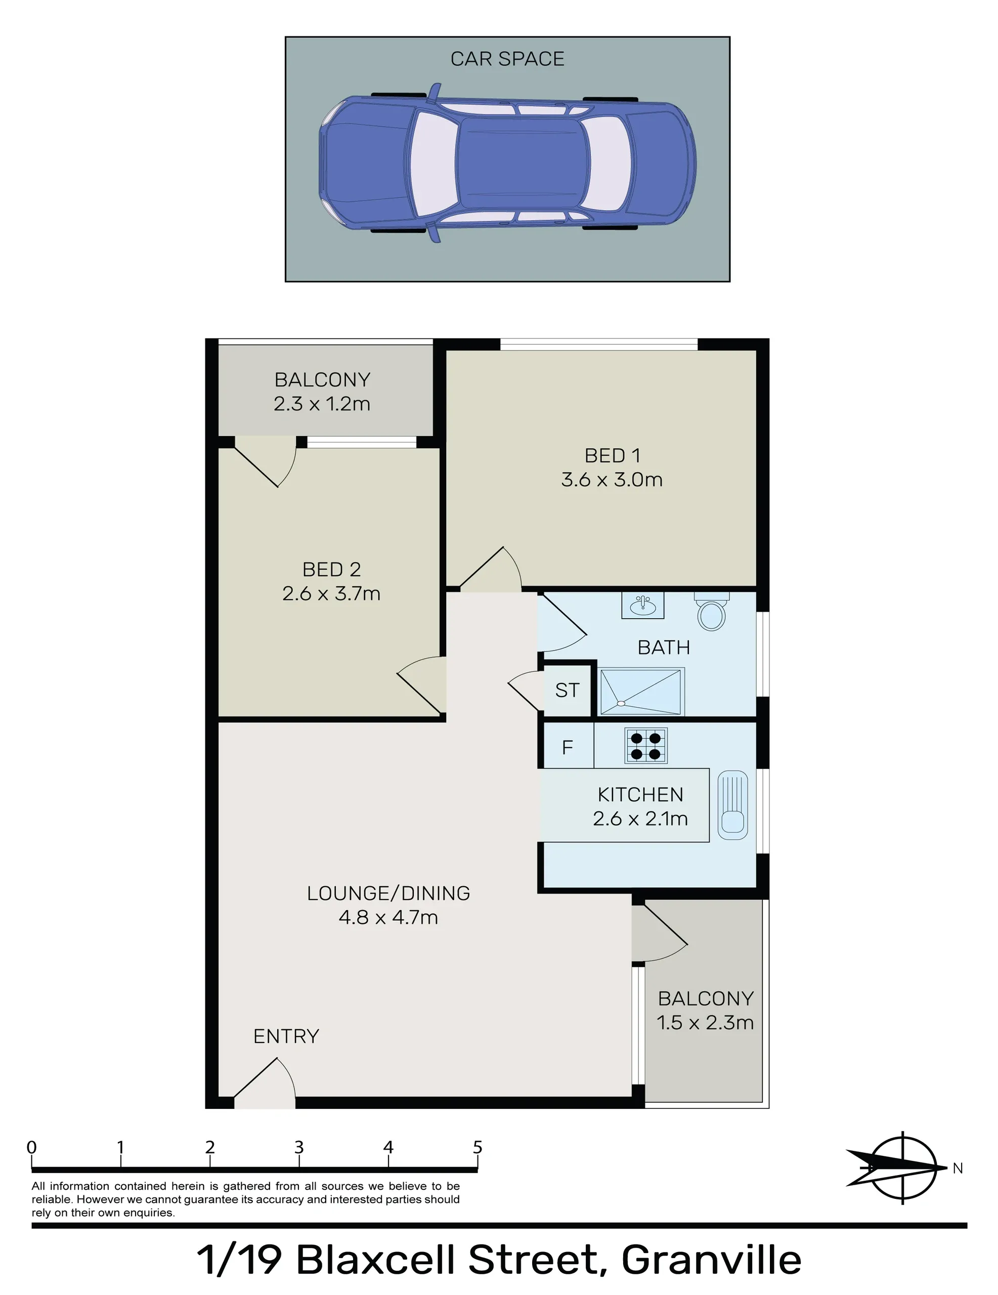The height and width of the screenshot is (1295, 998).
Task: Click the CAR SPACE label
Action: pos(507,59)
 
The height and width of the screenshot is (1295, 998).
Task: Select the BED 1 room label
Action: pos(613,455)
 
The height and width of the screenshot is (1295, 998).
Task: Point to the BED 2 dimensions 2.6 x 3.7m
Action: pos(331,593)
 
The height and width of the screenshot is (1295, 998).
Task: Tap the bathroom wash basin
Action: pos(642,606)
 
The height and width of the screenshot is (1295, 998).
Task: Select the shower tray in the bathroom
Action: pos(642,692)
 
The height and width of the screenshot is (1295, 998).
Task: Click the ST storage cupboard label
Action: pos(567,690)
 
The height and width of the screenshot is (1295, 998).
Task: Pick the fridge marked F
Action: pos(568,746)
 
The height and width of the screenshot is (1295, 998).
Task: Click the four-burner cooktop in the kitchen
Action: pos(646,746)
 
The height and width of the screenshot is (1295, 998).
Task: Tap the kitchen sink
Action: pos(733,805)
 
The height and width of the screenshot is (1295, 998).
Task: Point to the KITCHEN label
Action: pos(640,795)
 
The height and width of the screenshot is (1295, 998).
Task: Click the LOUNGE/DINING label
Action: pos(388,893)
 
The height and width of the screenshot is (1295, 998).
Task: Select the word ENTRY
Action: pos(286,1037)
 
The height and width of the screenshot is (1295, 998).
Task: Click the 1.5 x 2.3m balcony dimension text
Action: pos(705,1022)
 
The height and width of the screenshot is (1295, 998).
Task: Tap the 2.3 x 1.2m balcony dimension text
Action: pos(322,404)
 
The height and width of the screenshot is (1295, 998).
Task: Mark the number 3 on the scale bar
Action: pos(299,1147)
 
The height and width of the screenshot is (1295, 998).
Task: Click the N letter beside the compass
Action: pos(958,1168)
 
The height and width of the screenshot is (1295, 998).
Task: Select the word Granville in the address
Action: pos(711,1260)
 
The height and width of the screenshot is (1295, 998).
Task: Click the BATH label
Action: pos(664,647)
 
